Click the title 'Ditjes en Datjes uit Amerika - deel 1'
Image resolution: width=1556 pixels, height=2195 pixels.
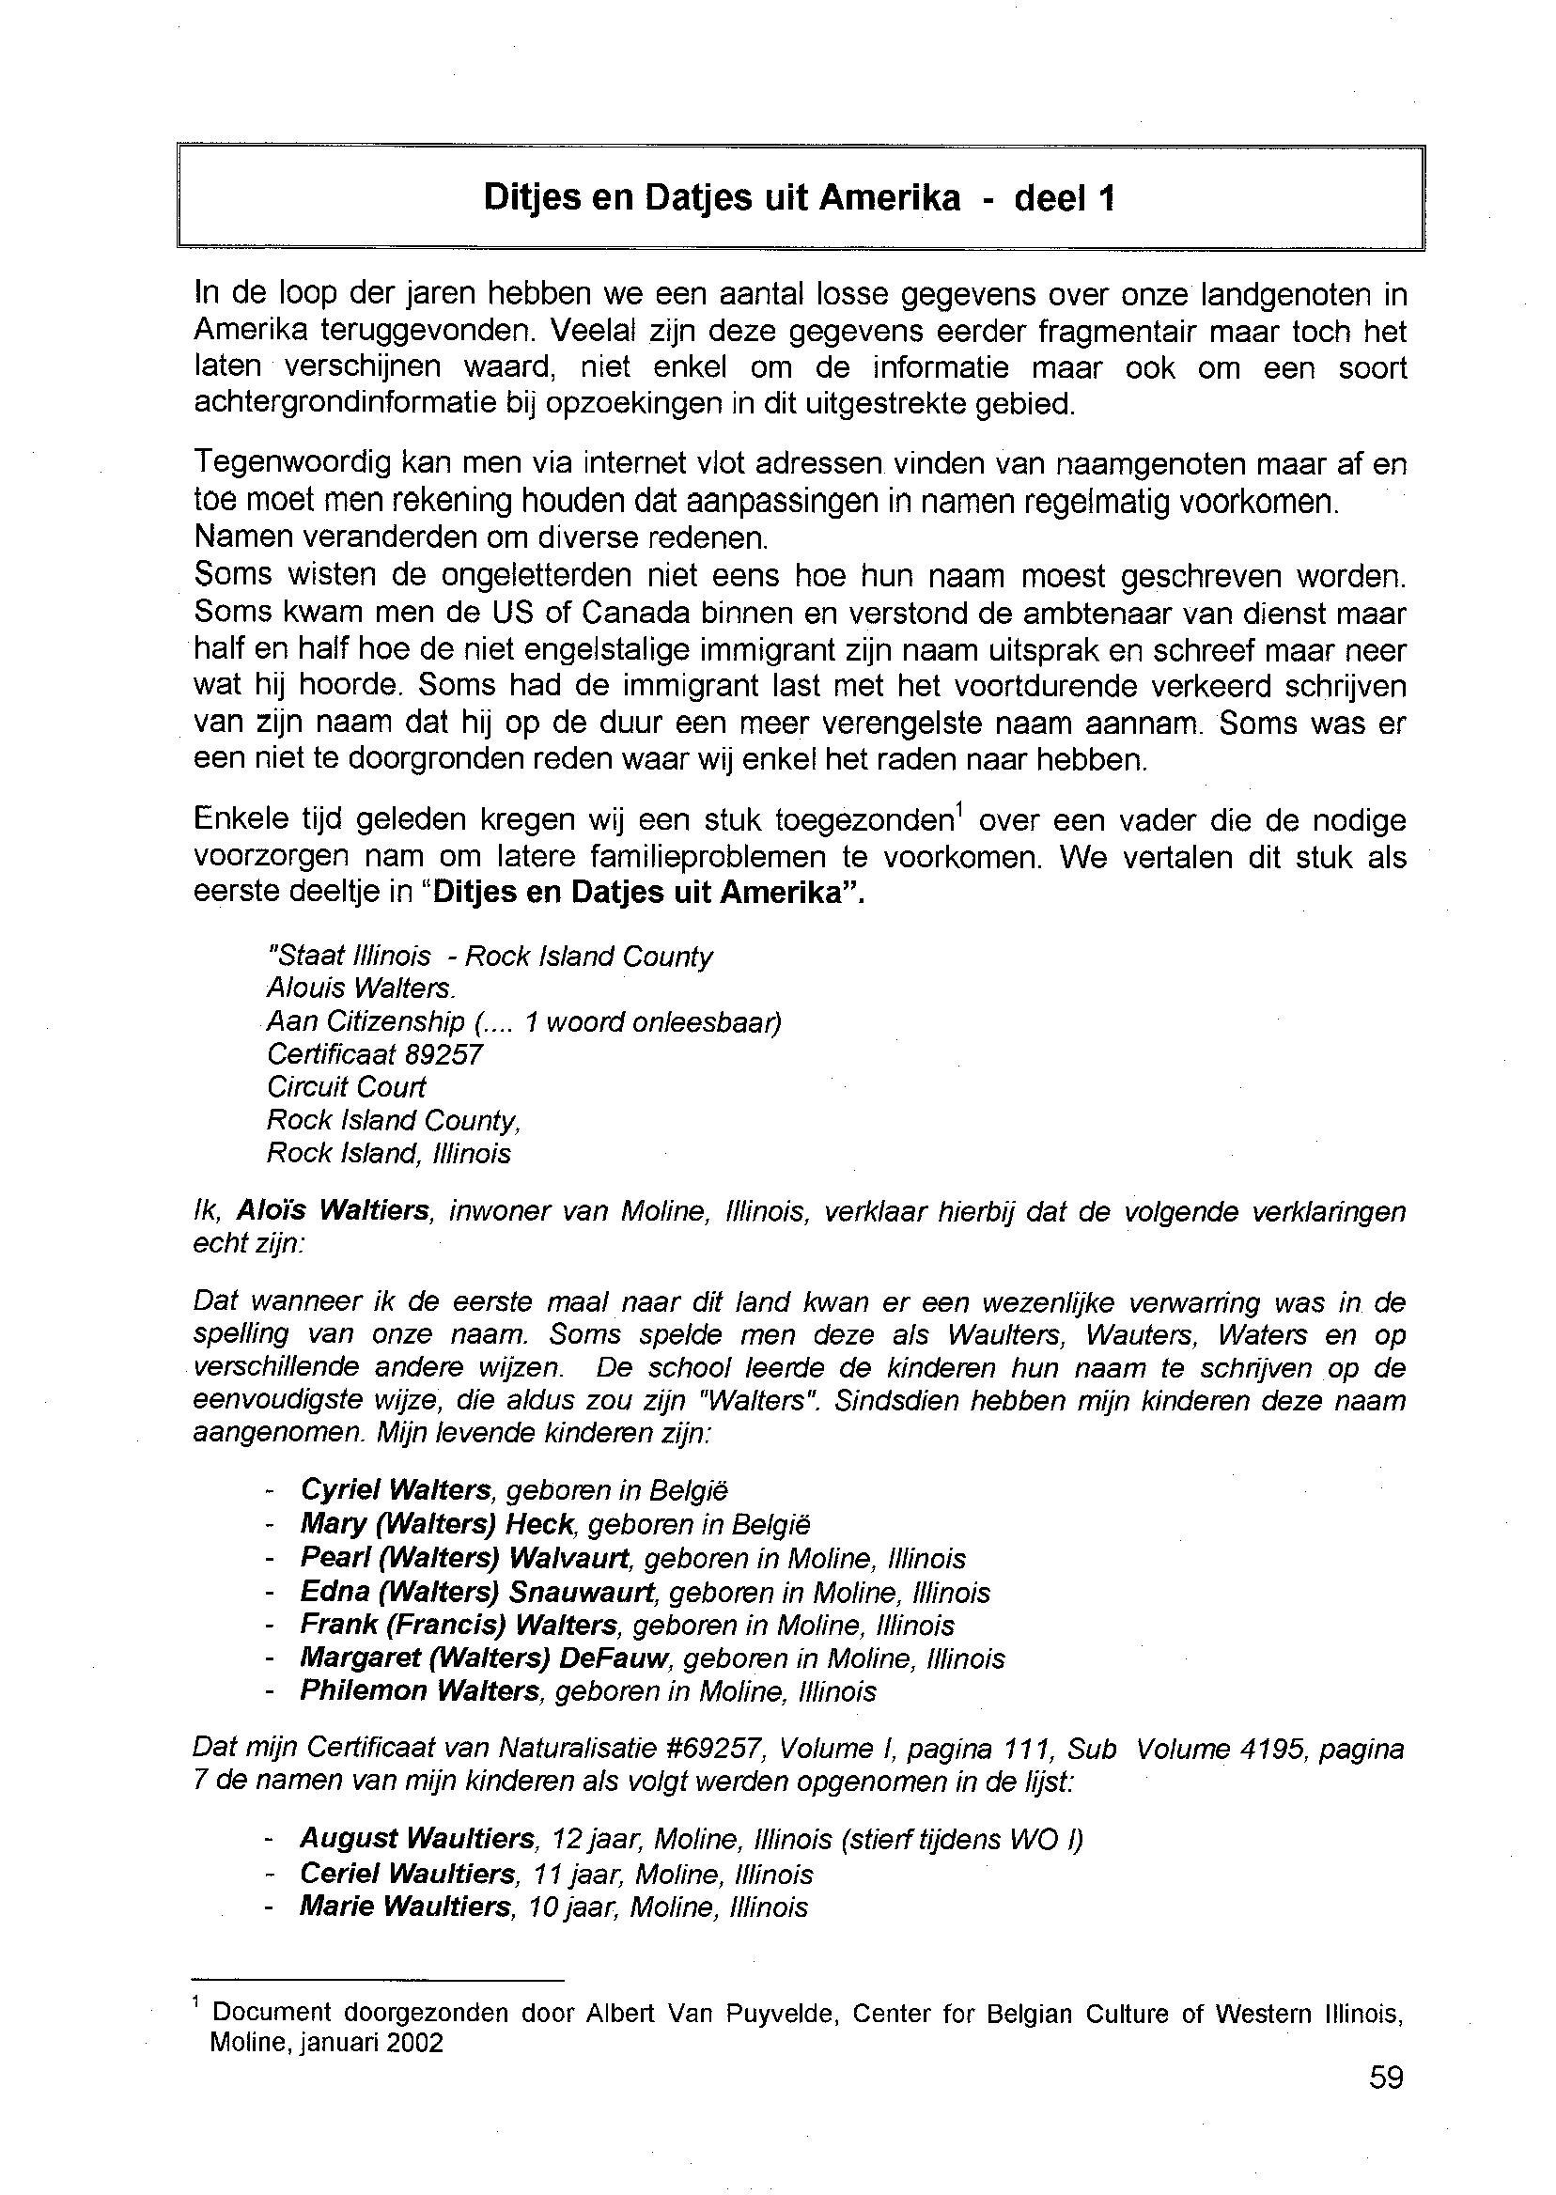(799, 197)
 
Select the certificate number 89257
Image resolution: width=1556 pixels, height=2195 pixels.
(443, 1055)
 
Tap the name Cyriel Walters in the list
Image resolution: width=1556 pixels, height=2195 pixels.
(396, 1490)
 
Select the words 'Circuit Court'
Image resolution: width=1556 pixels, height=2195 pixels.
(346, 1087)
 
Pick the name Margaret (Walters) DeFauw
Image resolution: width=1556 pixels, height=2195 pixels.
(489, 1658)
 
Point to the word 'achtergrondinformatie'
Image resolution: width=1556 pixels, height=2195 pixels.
(345, 403)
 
